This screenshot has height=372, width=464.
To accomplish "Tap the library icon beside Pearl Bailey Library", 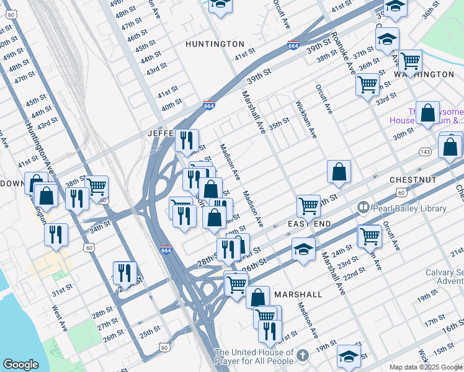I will coord(362,208).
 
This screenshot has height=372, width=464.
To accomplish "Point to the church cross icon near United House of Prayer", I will coord(302,355).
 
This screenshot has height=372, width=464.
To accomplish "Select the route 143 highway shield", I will coord(425,151).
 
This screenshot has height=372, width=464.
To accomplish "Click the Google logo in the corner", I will coord(20,365).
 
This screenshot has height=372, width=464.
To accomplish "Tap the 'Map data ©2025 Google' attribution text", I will coord(425,367).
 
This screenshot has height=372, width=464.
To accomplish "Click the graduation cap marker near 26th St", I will coord(303,249).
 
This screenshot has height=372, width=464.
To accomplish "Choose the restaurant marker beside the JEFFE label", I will coord(186,140).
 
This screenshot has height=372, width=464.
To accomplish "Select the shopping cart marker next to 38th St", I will coord(96,186).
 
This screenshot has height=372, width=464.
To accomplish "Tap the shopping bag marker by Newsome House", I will coord(427,113).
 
